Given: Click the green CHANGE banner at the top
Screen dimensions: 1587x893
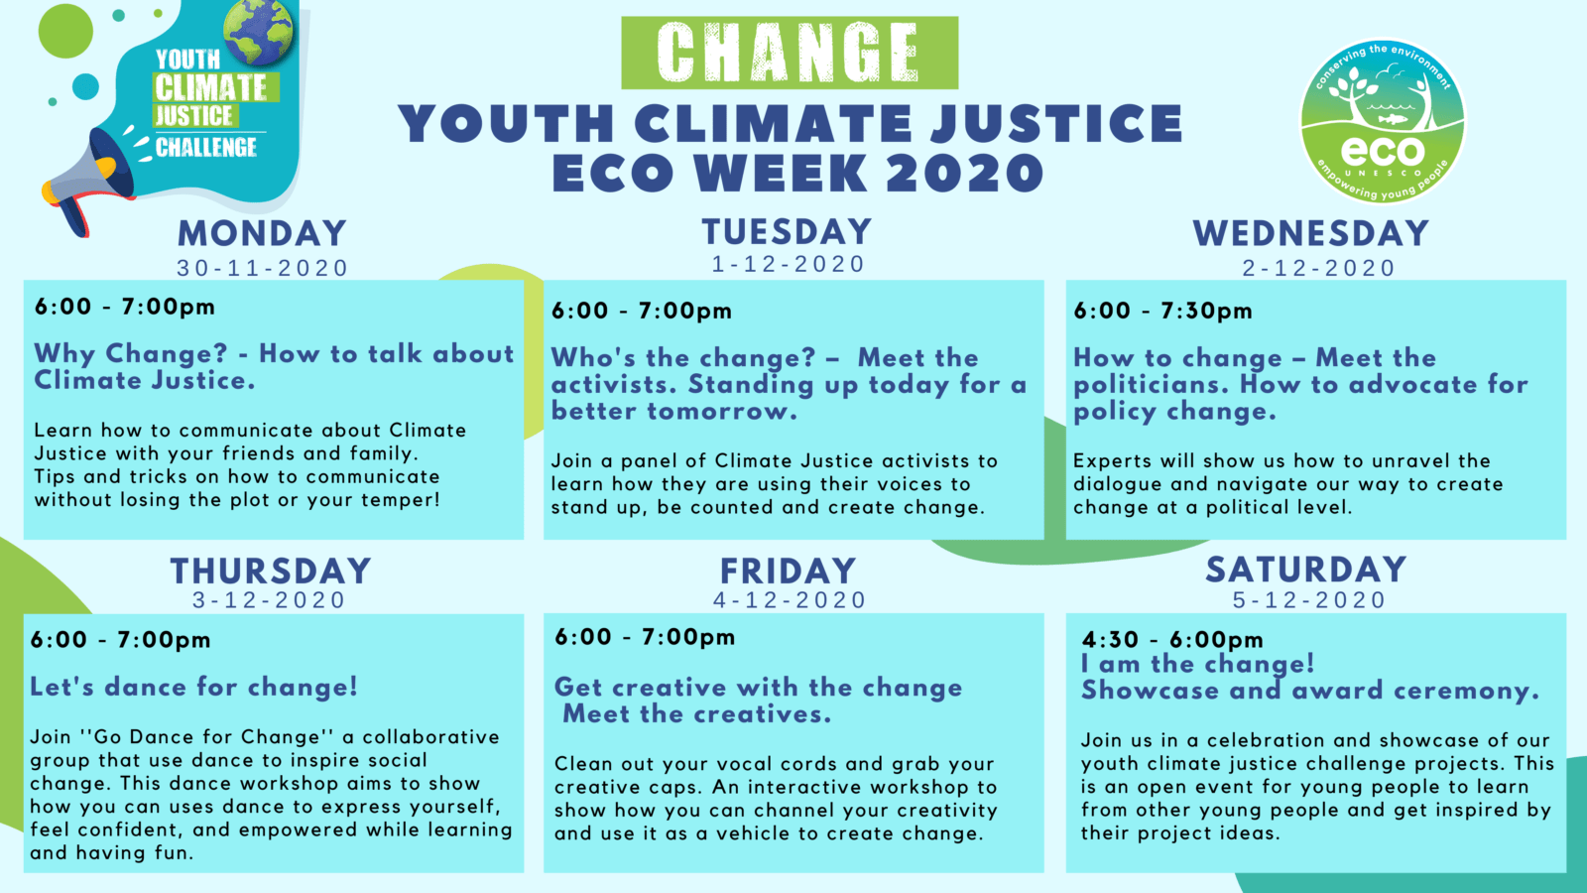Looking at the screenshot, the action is (790, 54).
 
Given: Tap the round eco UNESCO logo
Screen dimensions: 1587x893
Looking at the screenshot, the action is (1383, 121).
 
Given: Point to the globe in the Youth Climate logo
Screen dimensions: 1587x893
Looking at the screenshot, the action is (258, 32).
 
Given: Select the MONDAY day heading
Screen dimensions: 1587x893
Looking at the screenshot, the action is (262, 233).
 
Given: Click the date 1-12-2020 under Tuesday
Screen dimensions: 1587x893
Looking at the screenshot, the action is (789, 264).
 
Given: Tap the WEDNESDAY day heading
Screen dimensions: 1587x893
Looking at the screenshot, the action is (1310, 233).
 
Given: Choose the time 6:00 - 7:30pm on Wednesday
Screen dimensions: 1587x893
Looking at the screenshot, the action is (1162, 312).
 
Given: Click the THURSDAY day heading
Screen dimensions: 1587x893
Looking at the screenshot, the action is (271, 571).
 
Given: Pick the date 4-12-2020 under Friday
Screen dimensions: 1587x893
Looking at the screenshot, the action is (790, 600).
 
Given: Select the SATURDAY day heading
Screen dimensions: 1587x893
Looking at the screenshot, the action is (1306, 570).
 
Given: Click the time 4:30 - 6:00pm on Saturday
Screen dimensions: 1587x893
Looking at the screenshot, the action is (1172, 640).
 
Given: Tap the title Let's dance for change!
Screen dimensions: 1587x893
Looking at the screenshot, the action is (194, 687).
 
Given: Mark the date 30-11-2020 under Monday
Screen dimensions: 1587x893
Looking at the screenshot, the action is (262, 268).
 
